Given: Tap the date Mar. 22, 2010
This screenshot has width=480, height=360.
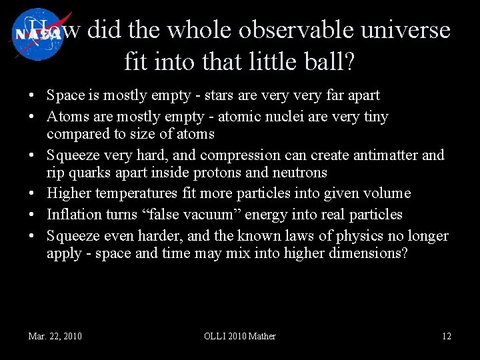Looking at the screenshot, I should (55, 336).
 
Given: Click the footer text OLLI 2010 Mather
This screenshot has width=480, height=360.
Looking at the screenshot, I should (239, 336).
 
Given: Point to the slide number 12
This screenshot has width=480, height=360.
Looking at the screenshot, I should (447, 336).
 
